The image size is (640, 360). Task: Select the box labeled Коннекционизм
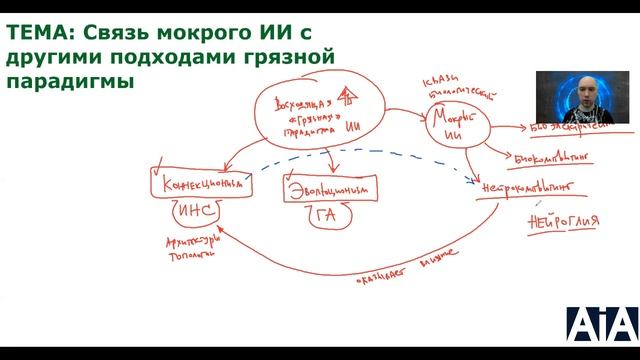[x=197, y=185]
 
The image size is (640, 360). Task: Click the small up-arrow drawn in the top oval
[x=347, y=96]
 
